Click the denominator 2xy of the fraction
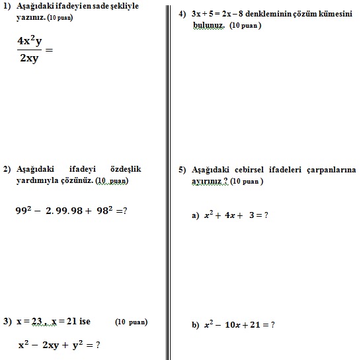click(30, 58)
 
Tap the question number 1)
click(7, 6)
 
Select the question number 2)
click(7, 170)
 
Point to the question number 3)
click(7, 322)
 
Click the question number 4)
click(182, 14)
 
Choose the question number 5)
click(182, 170)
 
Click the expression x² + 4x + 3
click(229, 215)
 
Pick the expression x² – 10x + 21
click(234, 325)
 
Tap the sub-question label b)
click(195, 326)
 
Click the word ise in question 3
click(85, 322)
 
